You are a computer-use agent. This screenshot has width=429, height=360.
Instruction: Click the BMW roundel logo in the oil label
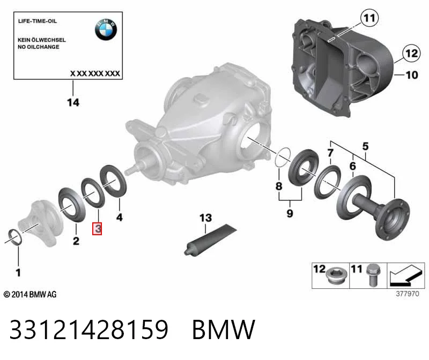pos(106,29)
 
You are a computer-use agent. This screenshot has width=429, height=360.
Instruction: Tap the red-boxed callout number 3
pos(97,229)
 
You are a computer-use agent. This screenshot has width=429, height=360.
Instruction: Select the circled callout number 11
pos(369,18)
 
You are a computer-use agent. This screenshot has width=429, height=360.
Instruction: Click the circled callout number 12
pos(411,53)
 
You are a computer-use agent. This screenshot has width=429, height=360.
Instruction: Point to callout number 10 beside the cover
pos(411,75)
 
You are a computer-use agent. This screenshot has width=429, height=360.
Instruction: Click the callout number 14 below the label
pos(73,102)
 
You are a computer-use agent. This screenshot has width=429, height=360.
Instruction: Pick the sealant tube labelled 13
pos(210,239)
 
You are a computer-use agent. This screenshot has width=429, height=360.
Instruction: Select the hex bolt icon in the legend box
pos(372,275)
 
